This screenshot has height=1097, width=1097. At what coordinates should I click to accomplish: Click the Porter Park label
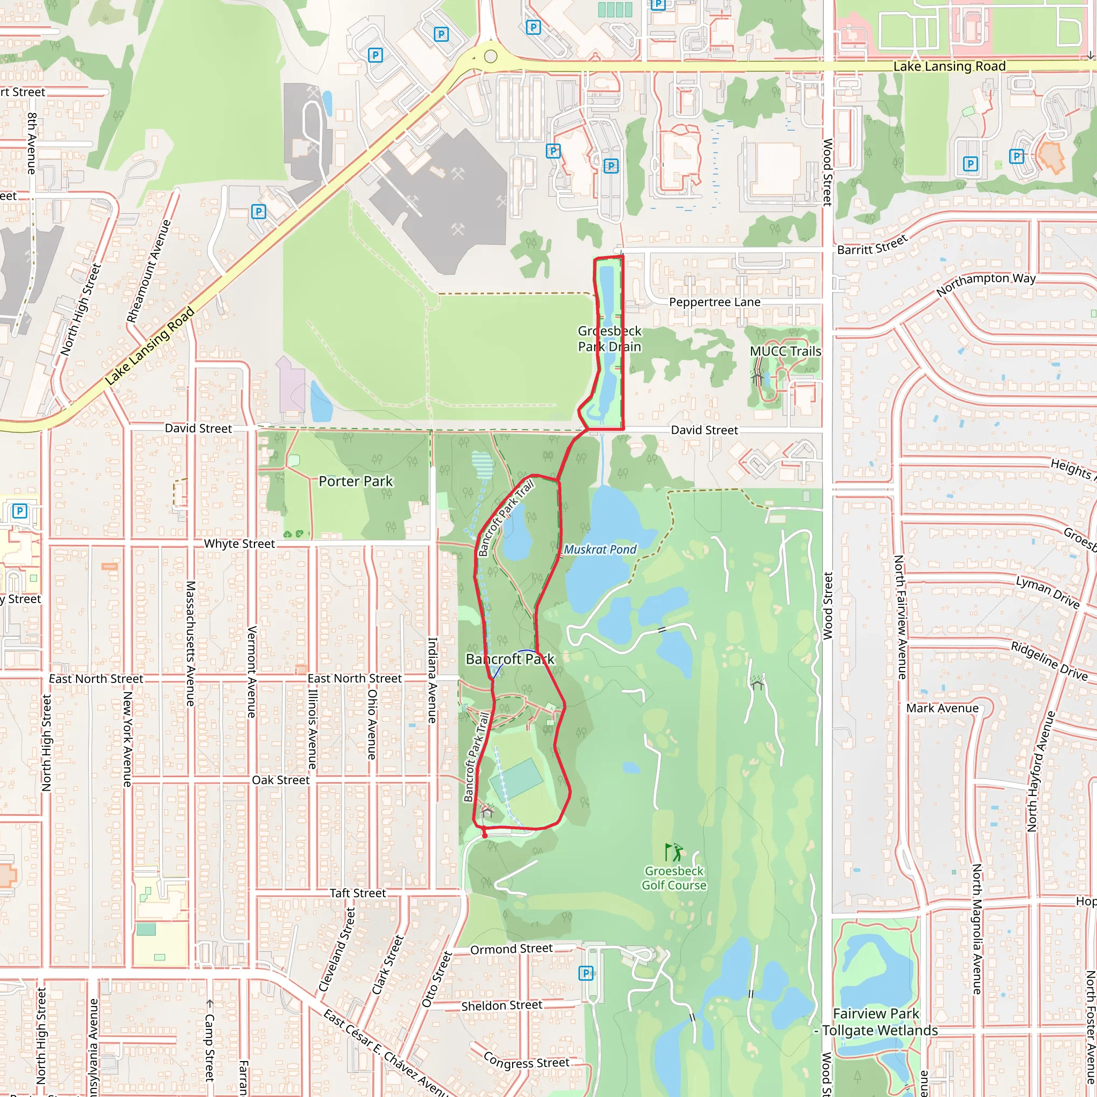356,482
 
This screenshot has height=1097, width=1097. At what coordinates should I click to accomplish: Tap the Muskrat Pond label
600,550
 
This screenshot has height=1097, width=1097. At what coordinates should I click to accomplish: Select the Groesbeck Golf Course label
674,878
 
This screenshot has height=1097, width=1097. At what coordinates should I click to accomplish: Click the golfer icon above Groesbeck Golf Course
673,852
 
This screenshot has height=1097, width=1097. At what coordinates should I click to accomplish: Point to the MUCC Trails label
785,351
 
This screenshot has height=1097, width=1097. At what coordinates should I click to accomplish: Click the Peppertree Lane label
715,302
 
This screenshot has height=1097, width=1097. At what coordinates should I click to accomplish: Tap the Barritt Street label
872,245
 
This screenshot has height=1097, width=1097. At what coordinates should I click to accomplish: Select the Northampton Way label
986,284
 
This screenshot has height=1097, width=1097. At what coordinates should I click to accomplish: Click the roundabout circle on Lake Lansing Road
491,56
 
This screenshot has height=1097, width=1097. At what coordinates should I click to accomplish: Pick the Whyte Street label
239,544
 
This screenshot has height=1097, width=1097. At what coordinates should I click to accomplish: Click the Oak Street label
281,780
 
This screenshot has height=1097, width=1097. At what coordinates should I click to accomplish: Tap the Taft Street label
358,893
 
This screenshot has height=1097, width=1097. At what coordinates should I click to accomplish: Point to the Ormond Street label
511,949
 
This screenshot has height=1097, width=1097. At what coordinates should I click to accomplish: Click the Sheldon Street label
501,1005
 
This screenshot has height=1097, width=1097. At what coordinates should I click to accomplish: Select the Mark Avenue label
942,708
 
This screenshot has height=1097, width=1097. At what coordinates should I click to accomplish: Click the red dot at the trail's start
484,835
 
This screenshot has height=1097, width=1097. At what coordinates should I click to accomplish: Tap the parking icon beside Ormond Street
585,973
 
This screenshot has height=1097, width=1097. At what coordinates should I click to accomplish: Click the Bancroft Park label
510,659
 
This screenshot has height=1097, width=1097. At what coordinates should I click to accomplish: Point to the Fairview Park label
876,1013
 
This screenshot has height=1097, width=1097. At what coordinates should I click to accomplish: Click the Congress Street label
527,1061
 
